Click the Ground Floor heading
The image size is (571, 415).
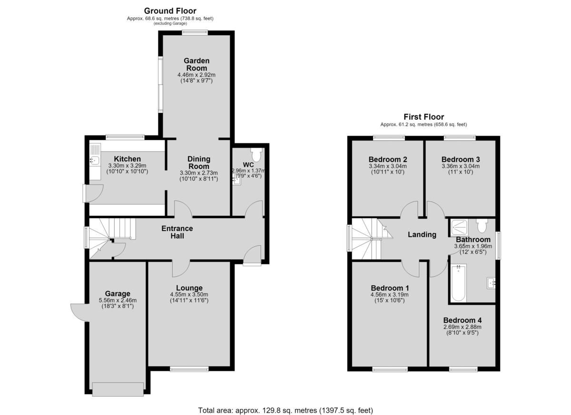pyautogui.click(x=170, y=11)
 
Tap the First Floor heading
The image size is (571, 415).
pyautogui.click(x=423, y=117)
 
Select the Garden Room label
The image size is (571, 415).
pyautogui.click(x=197, y=65)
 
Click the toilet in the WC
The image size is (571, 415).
pyautogui.click(x=256, y=155)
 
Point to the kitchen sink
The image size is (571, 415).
pyautogui.click(x=95, y=160)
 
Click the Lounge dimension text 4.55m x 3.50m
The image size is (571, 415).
pyautogui.click(x=189, y=295)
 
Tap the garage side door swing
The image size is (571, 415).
pyautogui.click(x=79, y=312)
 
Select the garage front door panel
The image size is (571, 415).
pyautogui.click(x=118, y=389)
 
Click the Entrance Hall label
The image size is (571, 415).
pyautogui.click(x=177, y=232)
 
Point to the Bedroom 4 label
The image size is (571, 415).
pyautogui.click(x=463, y=320)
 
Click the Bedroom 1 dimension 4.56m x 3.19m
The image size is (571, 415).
pyautogui.click(x=390, y=295)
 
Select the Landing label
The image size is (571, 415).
pyautogui.click(x=422, y=234)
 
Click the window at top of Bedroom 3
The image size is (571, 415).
pyautogui.click(x=460, y=138)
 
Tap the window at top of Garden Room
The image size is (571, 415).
pyautogui.click(x=195, y=32)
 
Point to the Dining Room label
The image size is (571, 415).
pyautogui.click(x=199, y=163)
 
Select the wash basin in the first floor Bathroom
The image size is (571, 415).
pyautogui.click(x=491, y=283)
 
